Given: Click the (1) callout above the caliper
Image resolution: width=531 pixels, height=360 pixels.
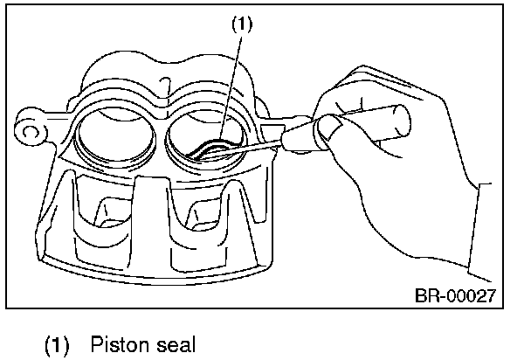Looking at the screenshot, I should [242, 25].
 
